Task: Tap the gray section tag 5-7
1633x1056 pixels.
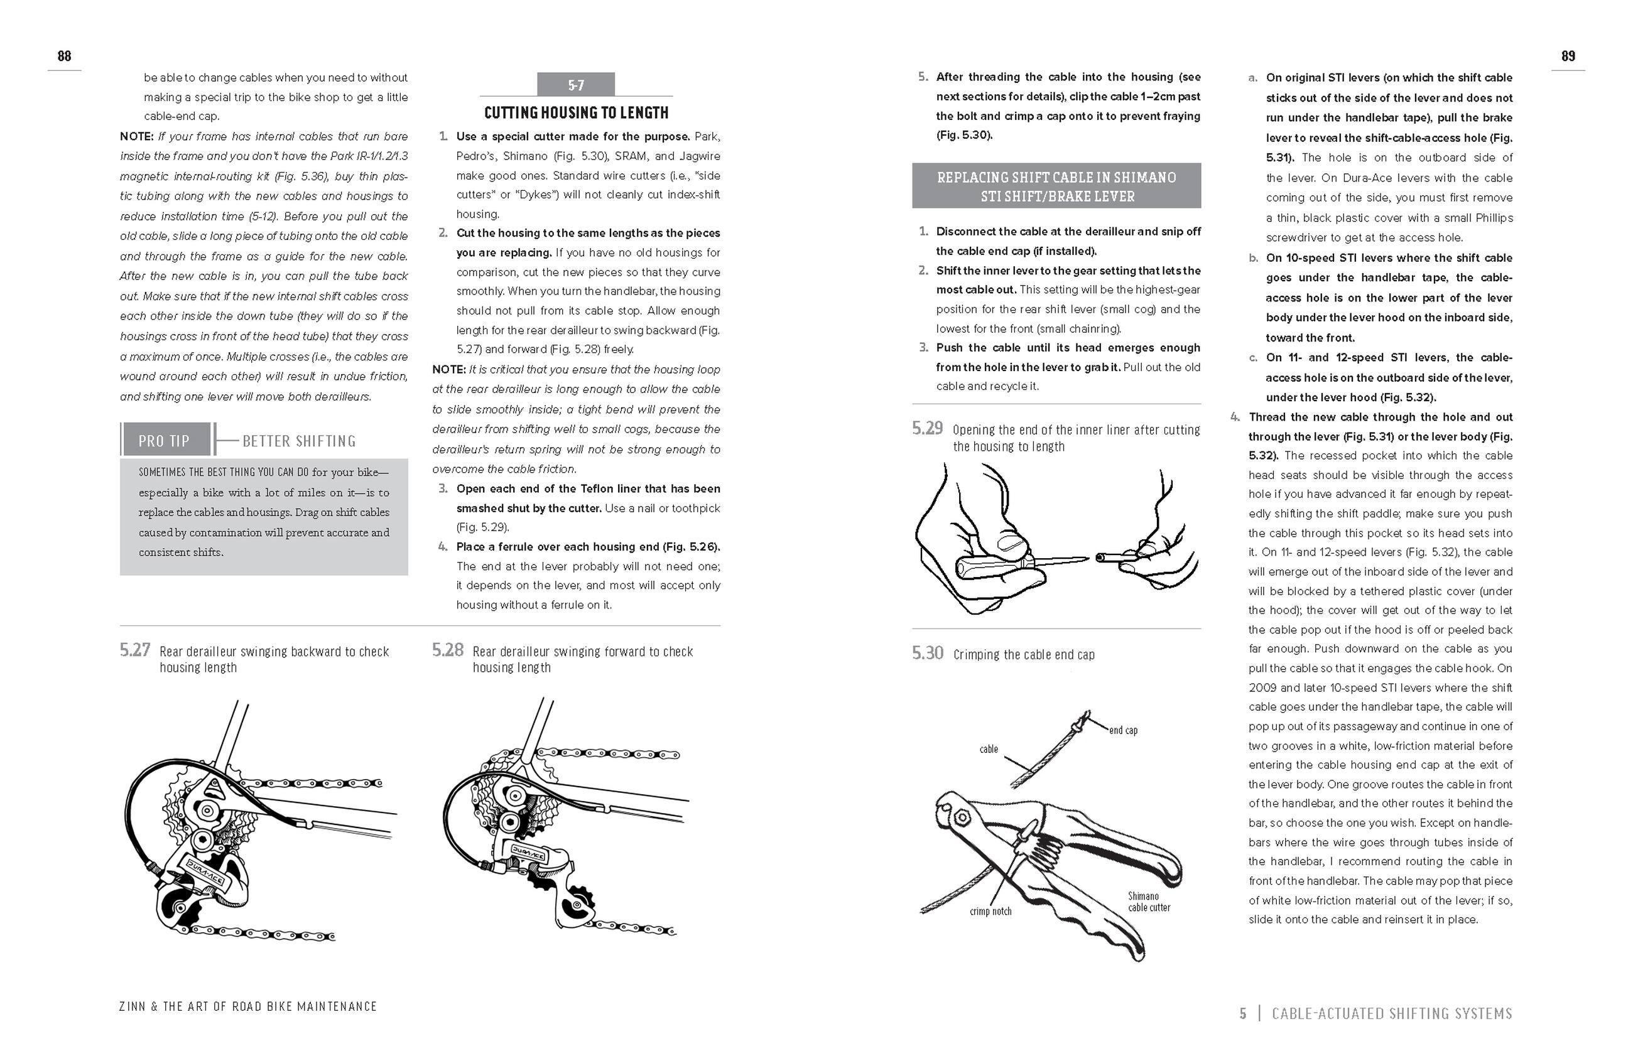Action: click(575, 85)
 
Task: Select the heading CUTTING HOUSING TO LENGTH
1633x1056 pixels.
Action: click(575, 112)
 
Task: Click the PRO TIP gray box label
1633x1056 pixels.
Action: click(164, 441)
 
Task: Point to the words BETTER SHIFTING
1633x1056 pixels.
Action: click(299, 441)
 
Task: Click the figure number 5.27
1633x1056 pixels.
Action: click(134, 649)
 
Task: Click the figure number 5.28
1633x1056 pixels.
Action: click(447, 649)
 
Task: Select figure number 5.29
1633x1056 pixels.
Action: click(927, 429)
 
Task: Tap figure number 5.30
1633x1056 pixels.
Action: click(927, 653)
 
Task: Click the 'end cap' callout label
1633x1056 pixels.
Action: click(1123, 730)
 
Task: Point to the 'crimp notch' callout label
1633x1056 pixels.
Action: click(990, 912)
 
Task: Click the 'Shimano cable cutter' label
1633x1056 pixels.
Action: click(1149, 902)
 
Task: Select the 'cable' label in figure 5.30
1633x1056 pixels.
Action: click(989, 749)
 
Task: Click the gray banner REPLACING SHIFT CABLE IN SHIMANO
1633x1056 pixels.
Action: click(1056, 186)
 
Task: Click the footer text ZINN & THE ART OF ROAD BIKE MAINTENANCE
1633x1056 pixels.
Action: click(247, 1006)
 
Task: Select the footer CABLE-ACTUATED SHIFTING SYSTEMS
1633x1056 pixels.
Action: click(1392, 1013)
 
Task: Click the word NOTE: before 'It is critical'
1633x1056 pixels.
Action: click(448, 370)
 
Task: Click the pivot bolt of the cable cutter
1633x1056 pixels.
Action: click(960, 817)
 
